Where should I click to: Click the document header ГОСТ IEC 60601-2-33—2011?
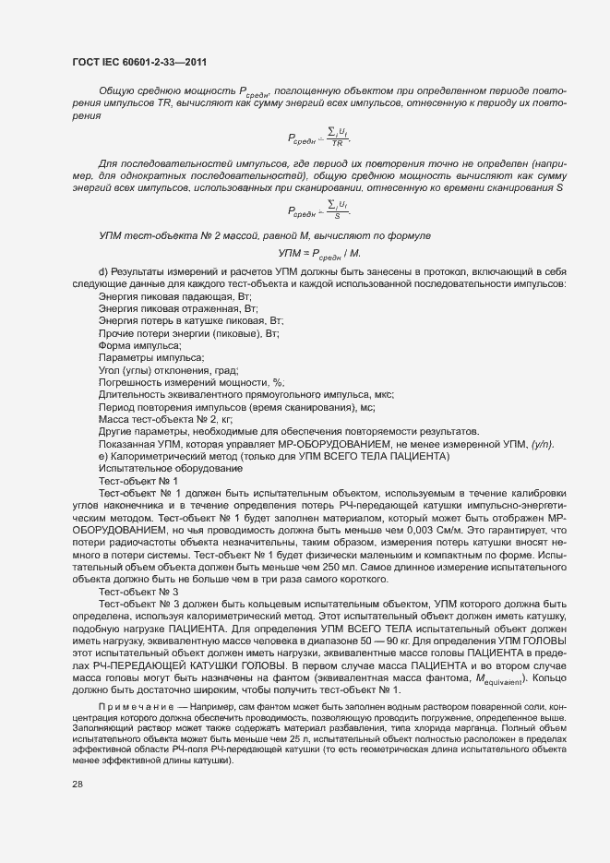138,62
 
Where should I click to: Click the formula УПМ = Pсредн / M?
319,253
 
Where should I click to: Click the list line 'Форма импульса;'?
140,344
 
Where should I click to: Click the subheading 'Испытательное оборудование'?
158,468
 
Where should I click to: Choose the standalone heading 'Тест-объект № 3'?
138,591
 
